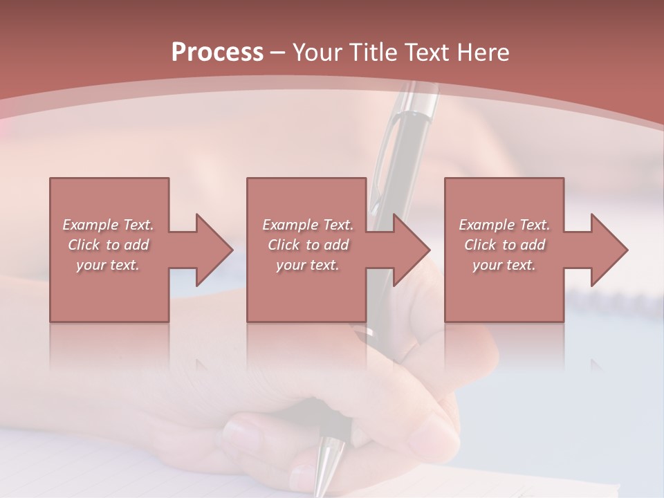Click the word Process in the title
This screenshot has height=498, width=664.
coord(217,53)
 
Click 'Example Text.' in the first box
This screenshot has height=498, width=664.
coord(108,225)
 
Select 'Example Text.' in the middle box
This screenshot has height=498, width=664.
coord(307,225)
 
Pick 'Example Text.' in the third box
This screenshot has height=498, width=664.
coord(504,225)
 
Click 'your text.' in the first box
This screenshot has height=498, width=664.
coord(108,265)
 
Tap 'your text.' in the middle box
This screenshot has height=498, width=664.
coord(307,265)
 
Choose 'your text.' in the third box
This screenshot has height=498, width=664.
coord(504,265)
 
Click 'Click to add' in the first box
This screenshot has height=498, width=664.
coord(108,245)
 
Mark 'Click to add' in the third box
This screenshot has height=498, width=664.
coord(504,245)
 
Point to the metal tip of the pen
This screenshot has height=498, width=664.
coord(326,470)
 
